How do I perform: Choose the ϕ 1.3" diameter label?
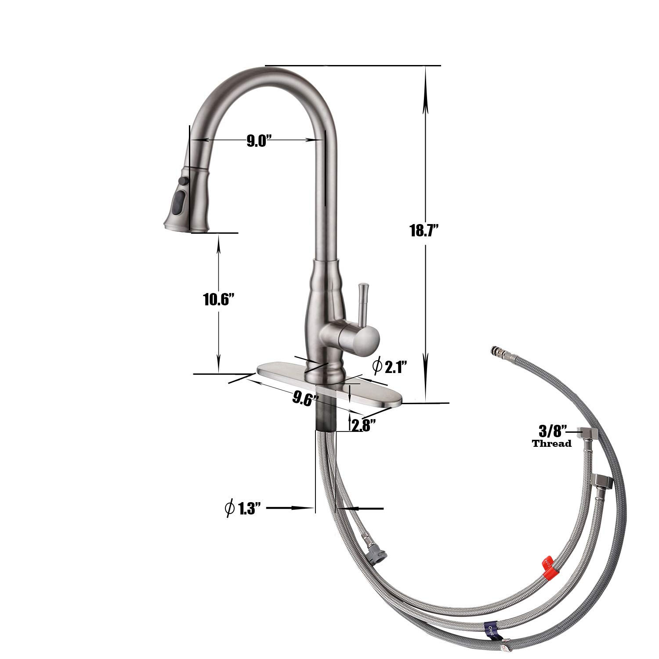point(243,508)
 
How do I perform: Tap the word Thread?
point(552,443)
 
